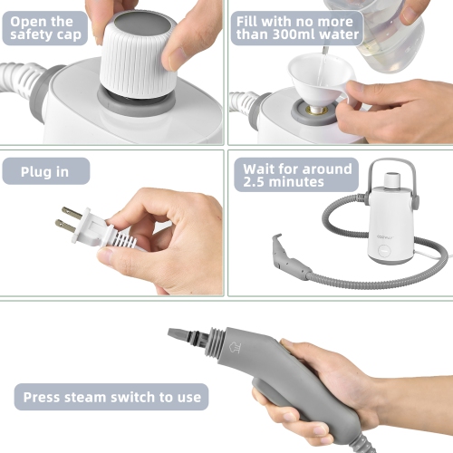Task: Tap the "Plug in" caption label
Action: click(x=45, y=170)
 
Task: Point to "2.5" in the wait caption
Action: click(x=256, y=182)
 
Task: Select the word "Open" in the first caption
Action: click(x=28, y=20)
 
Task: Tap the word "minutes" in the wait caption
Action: click(x=304, y=182)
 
